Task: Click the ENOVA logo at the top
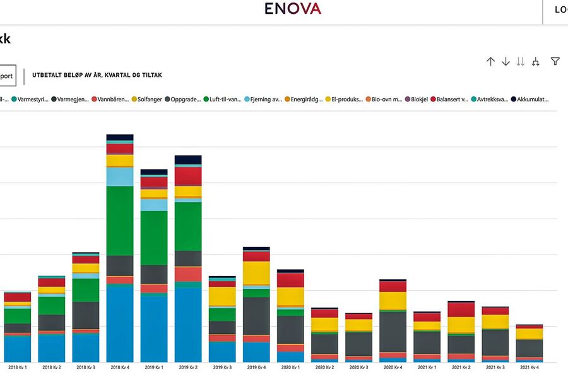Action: pyautogui.click(x=292, y=9)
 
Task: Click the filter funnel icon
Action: pyautogui.click(x=555, y=61)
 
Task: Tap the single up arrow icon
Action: pyautogui.click(x=490, y=61)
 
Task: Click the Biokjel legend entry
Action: pyautogui.click(x=418, y=99)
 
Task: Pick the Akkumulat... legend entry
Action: pyautogui.click(x=530, y=99)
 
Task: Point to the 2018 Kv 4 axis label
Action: pyautogui.click(x=119, y=367)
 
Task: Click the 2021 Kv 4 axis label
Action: pyautogui.click(x=529, y=367)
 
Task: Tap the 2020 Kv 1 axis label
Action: pyautogui.click(x=290, y=367)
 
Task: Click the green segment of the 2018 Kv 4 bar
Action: pyautogui.click(x=119, y=220)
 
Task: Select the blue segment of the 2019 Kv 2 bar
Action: pyautogui.click(x=187, y=324)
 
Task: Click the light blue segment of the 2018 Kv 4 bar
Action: pyautogui.click(x=119, y=176)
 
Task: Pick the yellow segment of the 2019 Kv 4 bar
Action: pyautogui.click(x=256, y=273)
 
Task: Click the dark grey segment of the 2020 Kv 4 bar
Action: pyautogui.click(x=393, y=331)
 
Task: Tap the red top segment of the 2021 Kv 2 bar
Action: pyautogui.click(x=461, y=309)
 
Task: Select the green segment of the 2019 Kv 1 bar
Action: pyautogui.click(x=153, y=238)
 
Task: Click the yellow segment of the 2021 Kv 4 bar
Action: pyautogui.click(x=529, y=334)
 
